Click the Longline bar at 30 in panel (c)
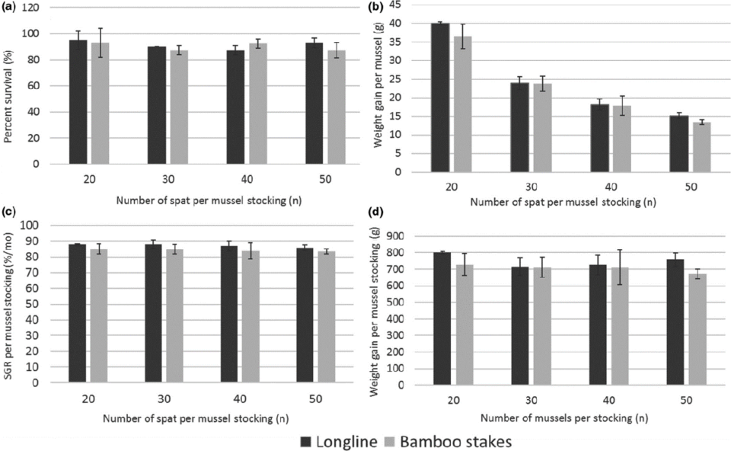pyautogui.click(x=152, y=313)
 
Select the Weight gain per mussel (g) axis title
pyautogui.click(x=378, y=88)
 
